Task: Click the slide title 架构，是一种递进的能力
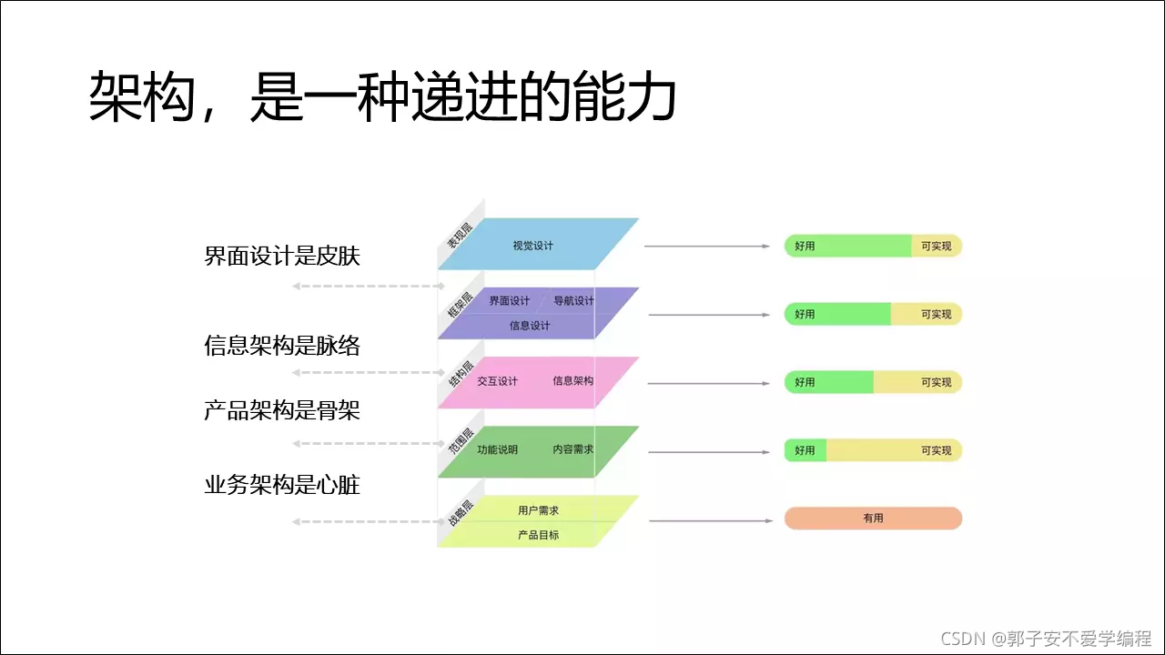(x=382, y=98)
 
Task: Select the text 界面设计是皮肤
(x=282, y=257)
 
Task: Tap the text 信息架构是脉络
(x=282, y=346)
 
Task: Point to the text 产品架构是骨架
(x=282, y=411)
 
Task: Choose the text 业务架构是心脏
(x=282, y=485)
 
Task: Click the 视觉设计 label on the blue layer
(x=532, y=246)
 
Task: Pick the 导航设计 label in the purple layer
(x=573, y=301)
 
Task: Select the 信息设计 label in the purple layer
(x=530, y=326)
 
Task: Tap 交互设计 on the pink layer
(x=497, y=381)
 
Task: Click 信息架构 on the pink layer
(x=572, y=381)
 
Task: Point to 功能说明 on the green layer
(x=497, y=449)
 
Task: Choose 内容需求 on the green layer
(x=572, y=449)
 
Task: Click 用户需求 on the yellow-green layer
(x=538, y=511)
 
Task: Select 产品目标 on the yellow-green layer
(x=538, y=535)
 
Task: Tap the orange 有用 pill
(x=873, y=519)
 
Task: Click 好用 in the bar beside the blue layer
(x=805, y=247)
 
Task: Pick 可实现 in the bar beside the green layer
(x=936, y=451)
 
